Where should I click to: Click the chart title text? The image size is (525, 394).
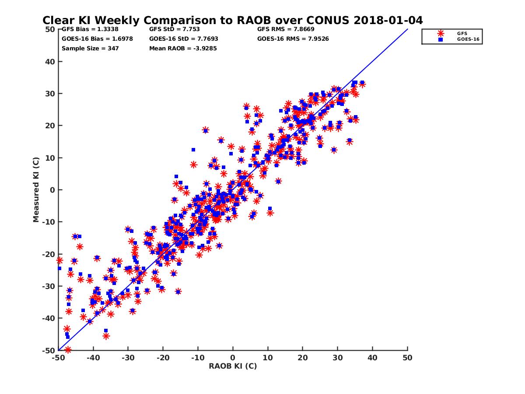pyautogui.click(x=232, y=21)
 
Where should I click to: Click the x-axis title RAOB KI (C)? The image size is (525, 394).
pyautogui.click(x=233, y=366)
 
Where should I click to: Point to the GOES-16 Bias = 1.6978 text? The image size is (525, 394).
pyautogui.click(x=97, y=39)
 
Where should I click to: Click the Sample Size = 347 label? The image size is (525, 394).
pyautogui.click(x=90, y=49)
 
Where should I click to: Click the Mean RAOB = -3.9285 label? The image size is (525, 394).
pyautogui.click(x=183, y=49)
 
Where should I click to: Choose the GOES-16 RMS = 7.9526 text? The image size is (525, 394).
pyautogui.click(x=293, y=39)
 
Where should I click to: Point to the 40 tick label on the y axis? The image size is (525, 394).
pyautogui.click(x=50, y=62)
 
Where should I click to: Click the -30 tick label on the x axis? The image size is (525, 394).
pyautogui.click(x=127, y=358)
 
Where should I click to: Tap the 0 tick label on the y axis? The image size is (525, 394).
pyautogui.click(x=52, y=190)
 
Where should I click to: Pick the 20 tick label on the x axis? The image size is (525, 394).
pyautogui.click(x=303, y=358)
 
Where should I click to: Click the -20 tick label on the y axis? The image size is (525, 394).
pyautogui.click(x=49, y=254)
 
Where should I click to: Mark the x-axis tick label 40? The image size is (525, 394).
pyautogui.click(x=373, y=358)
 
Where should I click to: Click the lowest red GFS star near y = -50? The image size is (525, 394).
pyautogui.click(x=68, y=350)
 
